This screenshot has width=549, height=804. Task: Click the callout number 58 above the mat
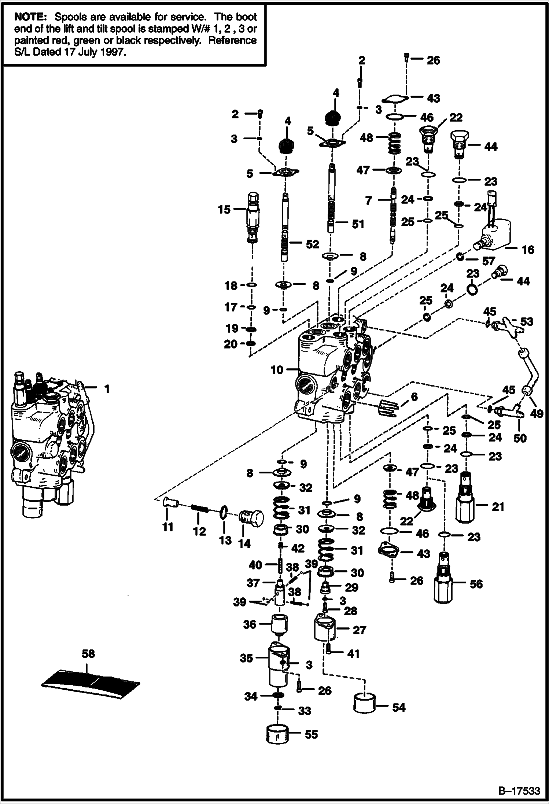click(x=88, y=654)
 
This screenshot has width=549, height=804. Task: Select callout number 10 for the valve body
click(x=277, y=370)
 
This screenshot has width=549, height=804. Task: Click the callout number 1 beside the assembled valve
click(x=107, y=389)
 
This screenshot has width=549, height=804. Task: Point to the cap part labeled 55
click(x=277, y=734)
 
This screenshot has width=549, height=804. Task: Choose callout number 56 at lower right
click(x=476, y=584)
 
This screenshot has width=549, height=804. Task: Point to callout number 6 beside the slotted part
click(x=414, y=397)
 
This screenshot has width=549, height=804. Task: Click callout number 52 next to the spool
click(x=312, y=244)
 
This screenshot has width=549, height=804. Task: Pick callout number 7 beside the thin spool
click(x=368, y=200)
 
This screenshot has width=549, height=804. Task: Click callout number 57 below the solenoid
click(x=489, y=261)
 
